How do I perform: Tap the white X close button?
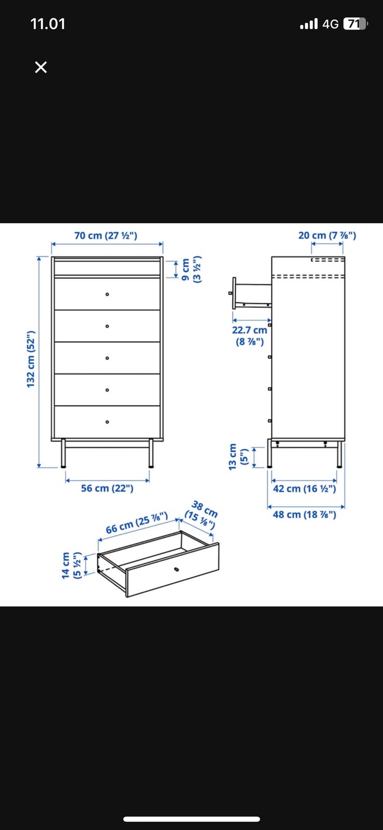[41, 67]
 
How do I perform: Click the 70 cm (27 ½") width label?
[106, 236]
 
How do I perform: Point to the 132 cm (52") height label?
[31, 359]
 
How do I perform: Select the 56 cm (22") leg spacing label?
[107, 488]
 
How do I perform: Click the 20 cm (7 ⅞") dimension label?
[327, 236]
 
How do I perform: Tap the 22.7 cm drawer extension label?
[249, 335]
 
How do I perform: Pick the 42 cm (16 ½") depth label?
[305, 488]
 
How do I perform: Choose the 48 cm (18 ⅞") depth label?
[305, 514]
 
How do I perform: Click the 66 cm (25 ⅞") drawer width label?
[137, 523]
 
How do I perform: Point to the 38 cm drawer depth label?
[201, 515]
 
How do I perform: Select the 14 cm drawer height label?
[70, 565]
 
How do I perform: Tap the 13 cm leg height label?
[237, 457]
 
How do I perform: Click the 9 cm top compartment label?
[191, 269]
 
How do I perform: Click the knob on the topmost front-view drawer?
[107, 294]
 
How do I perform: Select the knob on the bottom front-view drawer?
[107, 422]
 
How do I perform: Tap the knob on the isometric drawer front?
[176, 569]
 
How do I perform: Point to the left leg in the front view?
[63, 453]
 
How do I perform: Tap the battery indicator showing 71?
[354, 24]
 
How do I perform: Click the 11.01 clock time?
[48, 24]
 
